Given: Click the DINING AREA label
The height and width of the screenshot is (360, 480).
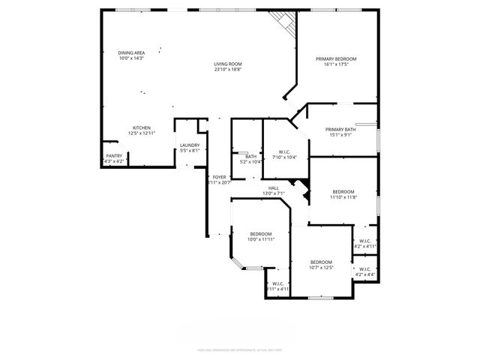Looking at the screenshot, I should pos(131,52).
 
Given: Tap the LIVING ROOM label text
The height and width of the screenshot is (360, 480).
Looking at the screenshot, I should pos(228,64).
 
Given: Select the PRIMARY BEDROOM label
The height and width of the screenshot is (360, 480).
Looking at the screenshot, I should pos(335,58).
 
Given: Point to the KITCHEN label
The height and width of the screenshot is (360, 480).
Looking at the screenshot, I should pos(142,127).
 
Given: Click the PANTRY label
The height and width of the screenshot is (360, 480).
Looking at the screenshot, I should pos(113,156).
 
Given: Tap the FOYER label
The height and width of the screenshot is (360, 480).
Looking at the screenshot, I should pos(219,177).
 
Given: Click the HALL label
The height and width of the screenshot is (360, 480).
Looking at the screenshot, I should pos(274,188).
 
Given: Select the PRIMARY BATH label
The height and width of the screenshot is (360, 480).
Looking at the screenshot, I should pos(340,130).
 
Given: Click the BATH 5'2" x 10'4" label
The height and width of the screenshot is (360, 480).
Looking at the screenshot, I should pos(250,157).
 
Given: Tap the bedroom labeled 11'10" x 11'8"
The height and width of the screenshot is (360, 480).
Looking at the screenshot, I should pos(343,192).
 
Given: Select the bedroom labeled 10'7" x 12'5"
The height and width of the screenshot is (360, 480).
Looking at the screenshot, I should pos(320,262).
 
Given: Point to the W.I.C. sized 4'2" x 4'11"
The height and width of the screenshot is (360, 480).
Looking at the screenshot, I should pos(364,241).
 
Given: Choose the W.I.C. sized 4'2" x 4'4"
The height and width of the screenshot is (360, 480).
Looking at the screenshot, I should pos(364,269).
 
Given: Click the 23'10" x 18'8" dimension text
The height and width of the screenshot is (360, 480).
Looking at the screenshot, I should pos(228,70).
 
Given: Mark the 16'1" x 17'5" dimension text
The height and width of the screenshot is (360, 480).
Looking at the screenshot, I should pos(335,64).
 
